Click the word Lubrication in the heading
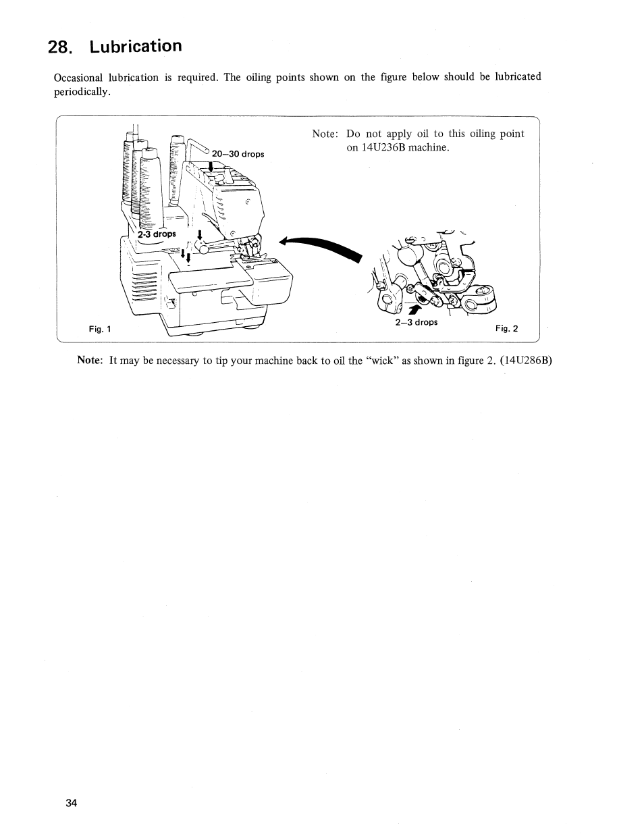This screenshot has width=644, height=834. tap(136, 46)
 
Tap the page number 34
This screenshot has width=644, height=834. tap(72, 803)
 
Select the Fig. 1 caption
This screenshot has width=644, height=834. tap(100, 329)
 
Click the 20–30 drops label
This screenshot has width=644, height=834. tap(238, 154)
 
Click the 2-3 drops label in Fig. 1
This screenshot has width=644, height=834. tap(157, 234)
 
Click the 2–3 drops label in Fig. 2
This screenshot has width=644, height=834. tap(416, 322)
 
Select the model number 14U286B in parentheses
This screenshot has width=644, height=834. tap(527, 360)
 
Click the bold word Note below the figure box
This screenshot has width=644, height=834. tap(90, 360)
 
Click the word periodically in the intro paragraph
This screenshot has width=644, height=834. tap(82, 92)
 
